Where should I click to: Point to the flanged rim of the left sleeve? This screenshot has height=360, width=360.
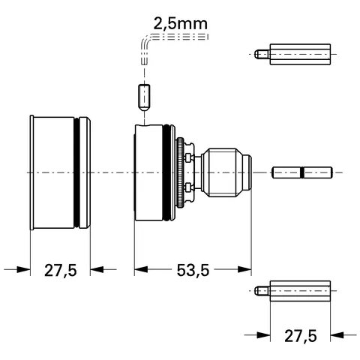coord(31,172)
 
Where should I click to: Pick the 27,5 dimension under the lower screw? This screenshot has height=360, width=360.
coord(300,336)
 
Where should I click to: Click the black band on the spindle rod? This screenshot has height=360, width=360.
coord(301,172)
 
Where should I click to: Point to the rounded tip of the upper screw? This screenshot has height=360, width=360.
coord(258,54)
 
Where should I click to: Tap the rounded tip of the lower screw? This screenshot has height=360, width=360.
coord(258,289)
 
